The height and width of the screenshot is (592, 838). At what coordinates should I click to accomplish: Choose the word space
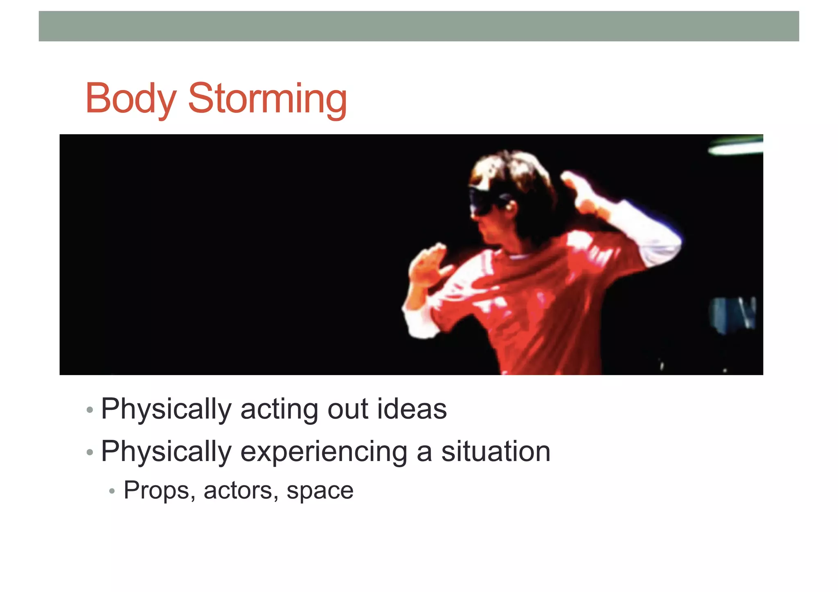(x=320, y=491)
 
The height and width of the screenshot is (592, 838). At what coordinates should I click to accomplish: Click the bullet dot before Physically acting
(x=90, y=410)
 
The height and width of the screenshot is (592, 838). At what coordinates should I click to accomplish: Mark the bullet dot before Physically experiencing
(x=90, y=452)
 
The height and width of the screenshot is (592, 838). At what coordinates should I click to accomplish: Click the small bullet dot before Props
(x=112, y=491)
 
